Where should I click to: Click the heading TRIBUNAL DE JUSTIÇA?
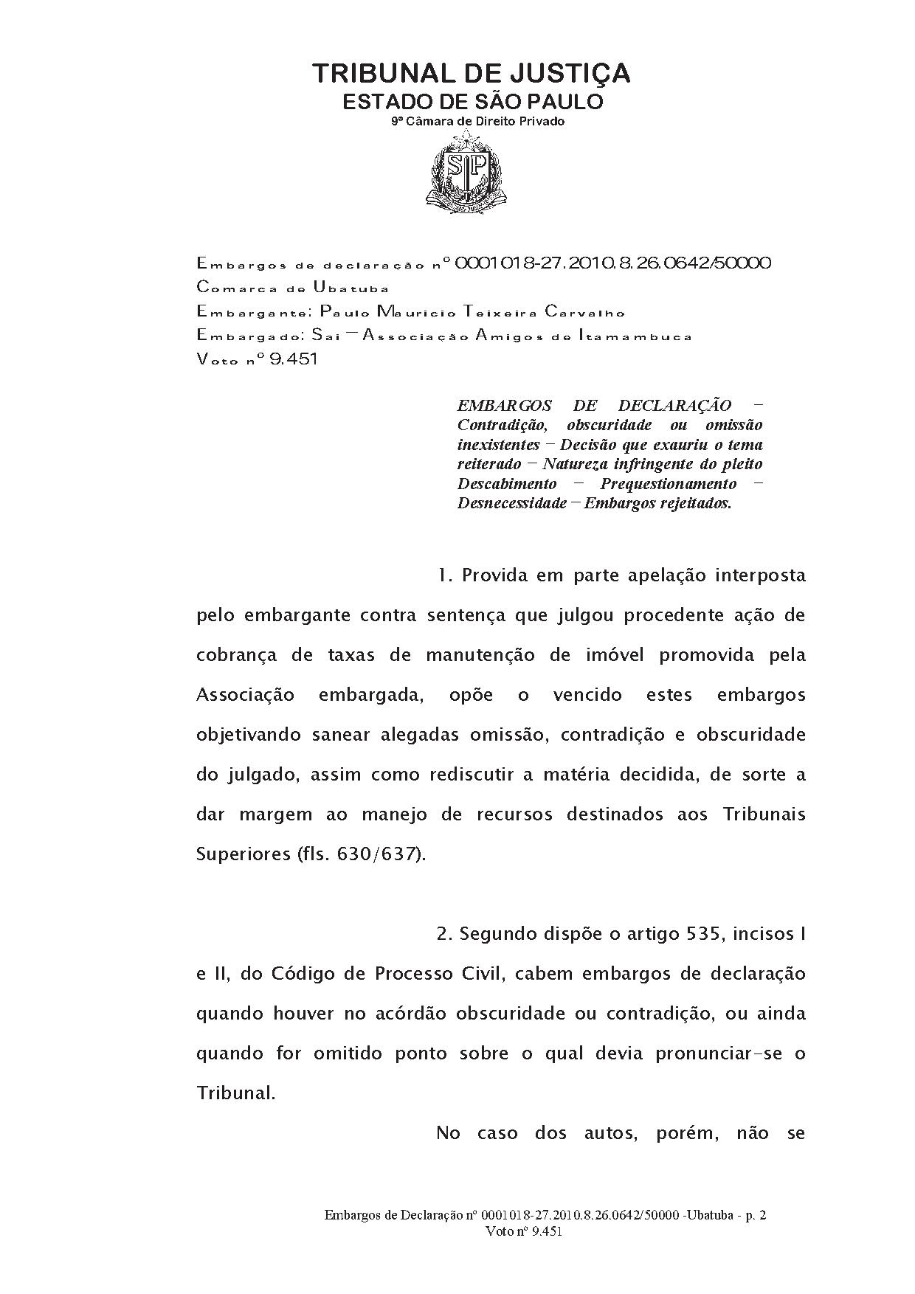472,73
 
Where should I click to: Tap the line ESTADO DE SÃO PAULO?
473,101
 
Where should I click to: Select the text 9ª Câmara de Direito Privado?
477,121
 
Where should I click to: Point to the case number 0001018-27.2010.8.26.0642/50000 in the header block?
613,263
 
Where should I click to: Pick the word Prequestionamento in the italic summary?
668,484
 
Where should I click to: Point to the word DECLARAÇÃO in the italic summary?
674,405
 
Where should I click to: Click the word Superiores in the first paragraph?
243,854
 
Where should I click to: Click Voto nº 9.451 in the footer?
525,1231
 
